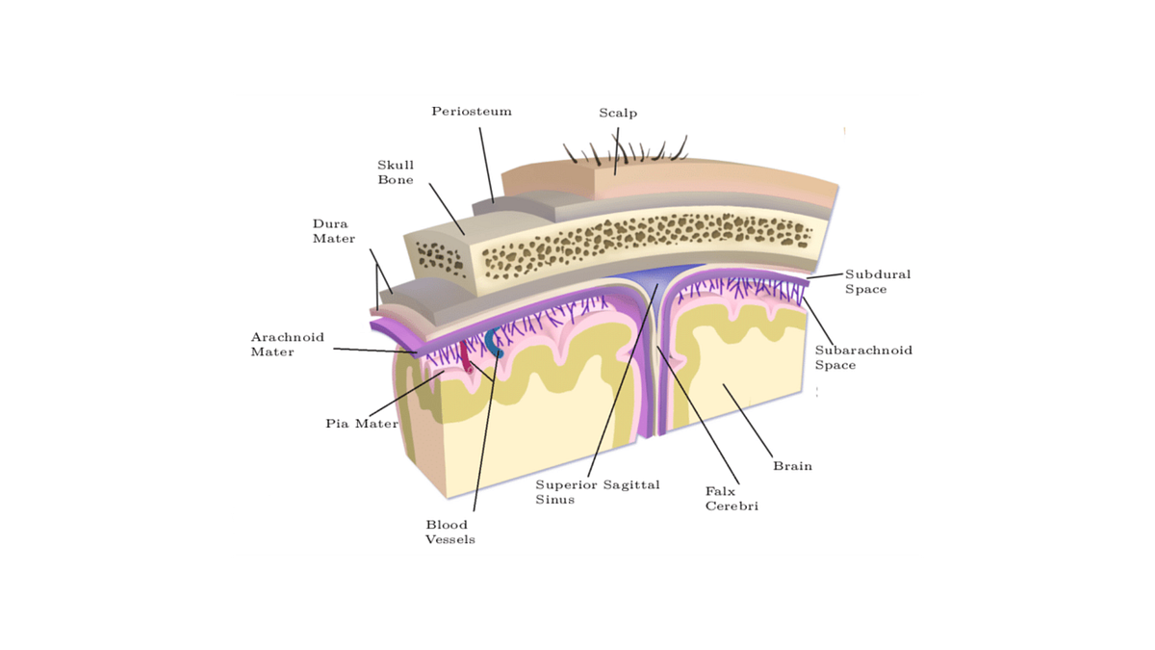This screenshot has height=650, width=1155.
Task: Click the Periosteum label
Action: pyautogui.click(x=472, y=112)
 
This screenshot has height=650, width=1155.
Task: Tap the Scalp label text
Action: pyautogui.click(x=618, y=113)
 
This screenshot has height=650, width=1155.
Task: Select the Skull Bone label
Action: pyautogui.click(x=396, y=172)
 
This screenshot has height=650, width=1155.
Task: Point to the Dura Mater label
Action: pyautogui.click(x=334, y=231)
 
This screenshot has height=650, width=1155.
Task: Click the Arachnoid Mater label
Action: pyautogui.click(x=287, y=345)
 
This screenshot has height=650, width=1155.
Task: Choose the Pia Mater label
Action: pyautogui.click(x=362, y=424)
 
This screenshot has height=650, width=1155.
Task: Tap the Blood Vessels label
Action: pyautogui.click(x=449, y=532)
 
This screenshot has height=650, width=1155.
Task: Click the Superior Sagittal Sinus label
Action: pyautogui.click(x=597, y=492)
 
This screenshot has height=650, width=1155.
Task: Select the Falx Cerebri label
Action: pyautogui.click(x=731, y=499)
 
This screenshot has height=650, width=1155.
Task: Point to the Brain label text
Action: pyautogui.click(x=792, y=466)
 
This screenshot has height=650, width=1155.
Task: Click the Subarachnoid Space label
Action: pyautogui.click(x=863, y=357)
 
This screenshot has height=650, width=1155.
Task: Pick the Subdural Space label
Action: pyautogui.click(x=878, y=281)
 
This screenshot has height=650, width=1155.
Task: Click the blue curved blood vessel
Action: pyautogui.click(x=494, y=343)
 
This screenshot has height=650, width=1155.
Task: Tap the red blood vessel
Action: pyautogui.click(x=466, y=358)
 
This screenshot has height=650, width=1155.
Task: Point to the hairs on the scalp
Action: pyautogui.click(x=625, y=149)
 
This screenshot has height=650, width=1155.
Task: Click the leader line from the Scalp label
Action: pyautogui.click(x=617, y=151)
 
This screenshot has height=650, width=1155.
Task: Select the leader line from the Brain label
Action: pyautogui.click(x=748, y=421)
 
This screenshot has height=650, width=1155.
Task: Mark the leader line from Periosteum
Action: pyautogui.click(x=486, y=165)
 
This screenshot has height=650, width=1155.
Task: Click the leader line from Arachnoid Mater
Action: pyautogui.click(x=374, y=351)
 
